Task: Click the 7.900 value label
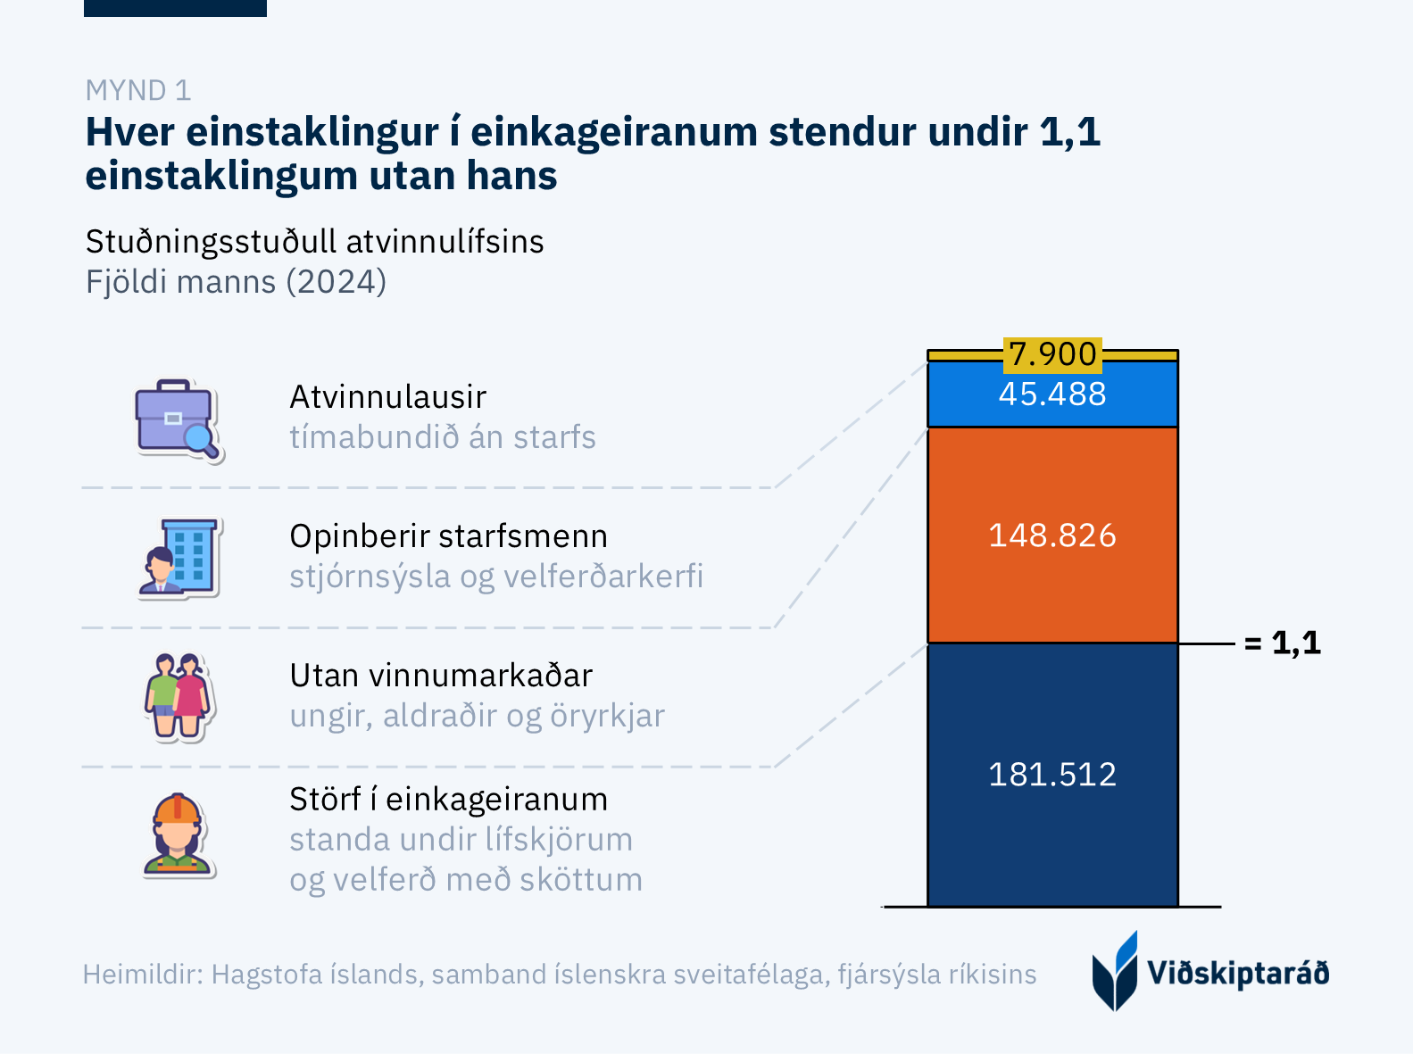1052,354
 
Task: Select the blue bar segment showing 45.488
1052,394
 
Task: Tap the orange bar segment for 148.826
1052,535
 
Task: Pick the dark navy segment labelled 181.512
1052,774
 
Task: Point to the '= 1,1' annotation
1283,643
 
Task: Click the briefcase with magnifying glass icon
178,419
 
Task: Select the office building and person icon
179,558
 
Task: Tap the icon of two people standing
178,697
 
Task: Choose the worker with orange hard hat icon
178,835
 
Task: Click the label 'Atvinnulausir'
388,397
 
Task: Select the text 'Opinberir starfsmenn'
448,536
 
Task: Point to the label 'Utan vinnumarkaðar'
441,676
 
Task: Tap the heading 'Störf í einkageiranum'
448,800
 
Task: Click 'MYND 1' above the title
138,90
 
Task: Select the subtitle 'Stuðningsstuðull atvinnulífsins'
314,242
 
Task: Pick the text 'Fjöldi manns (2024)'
236,282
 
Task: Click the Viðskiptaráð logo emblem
1115,972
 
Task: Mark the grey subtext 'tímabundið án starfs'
442,437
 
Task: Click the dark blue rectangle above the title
175,8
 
